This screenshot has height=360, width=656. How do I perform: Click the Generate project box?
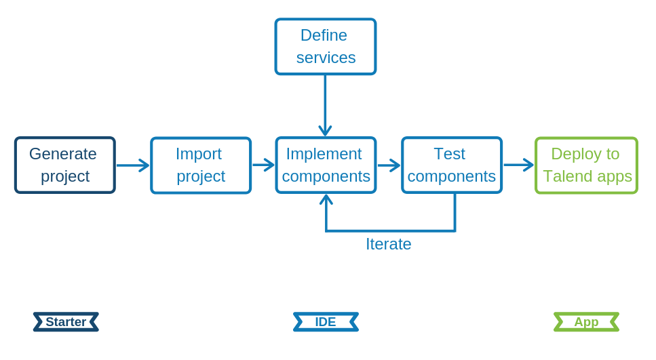click(x=65, y=165)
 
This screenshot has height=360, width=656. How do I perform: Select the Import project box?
click(x=201, y=165)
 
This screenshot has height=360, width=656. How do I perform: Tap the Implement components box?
click(x=326, y=165)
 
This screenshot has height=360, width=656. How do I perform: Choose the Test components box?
click(x=452, y=165)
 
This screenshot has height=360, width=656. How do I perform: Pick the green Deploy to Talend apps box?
click(x=586, y=165)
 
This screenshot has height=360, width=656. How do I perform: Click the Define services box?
click(x=326, y=46)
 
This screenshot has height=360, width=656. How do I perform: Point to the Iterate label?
click(x=388, y=244)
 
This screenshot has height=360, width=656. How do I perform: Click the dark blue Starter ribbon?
click(x=66, y=322)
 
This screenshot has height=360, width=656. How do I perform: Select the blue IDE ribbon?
click(x=326, y=322)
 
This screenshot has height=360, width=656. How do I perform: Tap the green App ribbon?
click(x=586, y=322)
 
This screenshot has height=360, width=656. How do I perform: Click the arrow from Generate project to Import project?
click(x=133, y=165)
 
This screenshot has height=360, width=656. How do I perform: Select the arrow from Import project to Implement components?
click(x=263, y=165)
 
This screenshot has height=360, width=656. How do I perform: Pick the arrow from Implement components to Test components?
click(x=389, y=165)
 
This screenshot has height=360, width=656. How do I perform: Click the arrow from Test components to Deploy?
click(x=518, y=165)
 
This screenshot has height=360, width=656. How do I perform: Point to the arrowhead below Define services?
click(x=325, y=130)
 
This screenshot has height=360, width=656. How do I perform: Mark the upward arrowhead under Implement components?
click(x=326, y=200)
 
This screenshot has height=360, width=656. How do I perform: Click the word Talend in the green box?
click(x=567, y=176)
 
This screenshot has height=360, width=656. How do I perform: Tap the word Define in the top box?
click(x=324, y=35)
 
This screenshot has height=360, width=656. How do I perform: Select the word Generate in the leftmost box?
click(x=63, y=154)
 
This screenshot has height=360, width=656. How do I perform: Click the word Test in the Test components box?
click(x=449, y=154)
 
